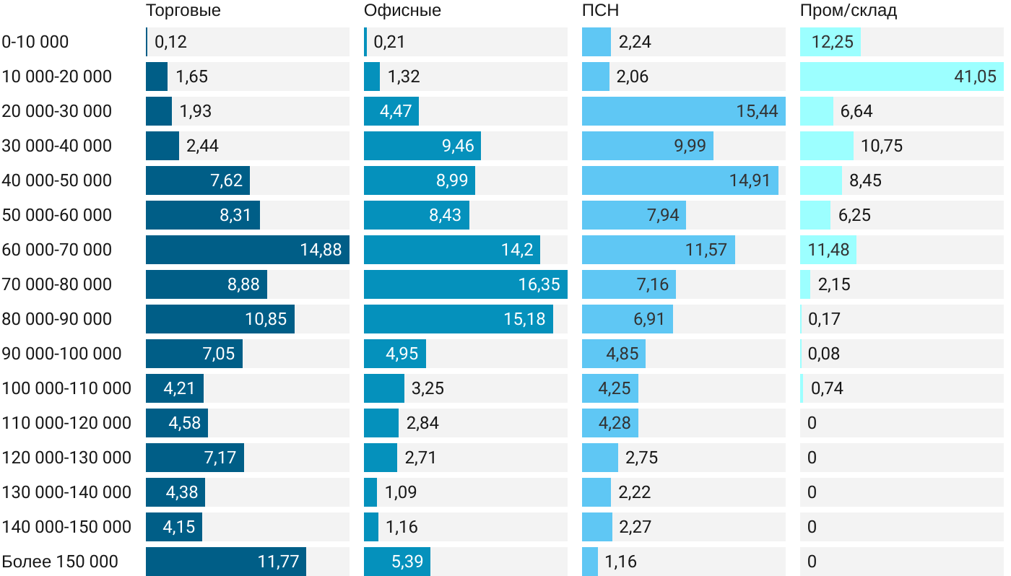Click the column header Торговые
click(x=183, y=11)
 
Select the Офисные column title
click(x=402, y=11)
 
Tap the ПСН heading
click(x=600, y=11)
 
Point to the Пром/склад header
click(x=849, y=11)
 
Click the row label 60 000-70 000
click(x=57, y=250)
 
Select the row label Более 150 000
click(x=60, y=562)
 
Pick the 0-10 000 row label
click(x=35, y=42)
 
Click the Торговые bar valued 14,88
click(x=247, y=250)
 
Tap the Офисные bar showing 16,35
click(x=465, y=284)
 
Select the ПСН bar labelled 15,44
click(x=683, y=111)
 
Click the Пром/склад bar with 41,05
click(x=901, y=77)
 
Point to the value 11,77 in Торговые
click(x=278, y=562)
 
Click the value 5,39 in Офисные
click(x=407, y=562)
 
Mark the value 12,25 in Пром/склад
click(x=832, y=42)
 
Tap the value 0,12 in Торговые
click(x=170, y=42)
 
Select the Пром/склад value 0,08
click(x=824, y=354)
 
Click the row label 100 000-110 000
click(x=66, y=388)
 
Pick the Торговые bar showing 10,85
click(x=220, y=319)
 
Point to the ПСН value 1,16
click(x=620, y=562)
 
